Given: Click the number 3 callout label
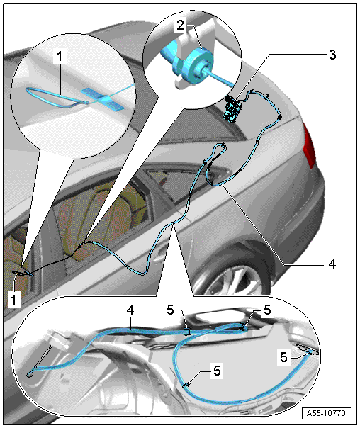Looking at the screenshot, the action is click(332, 55).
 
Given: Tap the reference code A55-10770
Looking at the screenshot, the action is click(326, 413).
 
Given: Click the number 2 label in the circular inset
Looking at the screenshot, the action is click(181, 26).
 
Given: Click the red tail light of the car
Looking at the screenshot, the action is click(309, 146).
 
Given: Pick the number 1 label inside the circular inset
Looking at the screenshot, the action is click(60, 57).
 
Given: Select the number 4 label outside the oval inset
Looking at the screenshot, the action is click(332, 264).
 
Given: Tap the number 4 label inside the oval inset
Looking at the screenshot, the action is click(130, 310).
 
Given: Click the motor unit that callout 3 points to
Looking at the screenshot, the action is click(232, 111).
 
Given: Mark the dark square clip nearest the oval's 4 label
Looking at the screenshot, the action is click(186, 332).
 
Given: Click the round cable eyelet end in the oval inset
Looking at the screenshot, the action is click(29, 374).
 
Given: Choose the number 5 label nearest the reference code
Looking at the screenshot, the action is click(284, 357).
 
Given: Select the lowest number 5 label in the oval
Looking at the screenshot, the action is click(217, 371).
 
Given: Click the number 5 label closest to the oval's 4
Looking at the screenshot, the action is click(170, 310).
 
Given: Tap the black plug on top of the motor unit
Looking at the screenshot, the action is click(227, 98).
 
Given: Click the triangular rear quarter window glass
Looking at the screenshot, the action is click(174, 186).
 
